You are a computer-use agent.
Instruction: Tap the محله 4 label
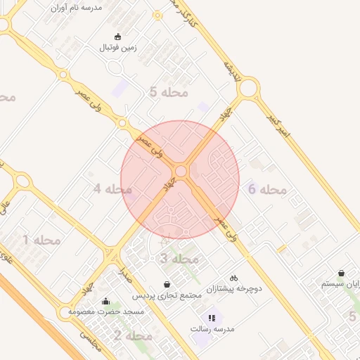(x=112, y=189)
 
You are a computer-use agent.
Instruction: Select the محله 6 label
(x=268, y=189)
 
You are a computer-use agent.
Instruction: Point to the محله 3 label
(x=179, y=259)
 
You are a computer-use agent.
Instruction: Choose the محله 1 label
(x=41, y=240)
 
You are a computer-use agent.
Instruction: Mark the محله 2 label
(x=134, y=336)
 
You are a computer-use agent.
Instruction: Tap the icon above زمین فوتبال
(x=117, y=37)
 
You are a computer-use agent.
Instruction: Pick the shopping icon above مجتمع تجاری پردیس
(x=166, y=284)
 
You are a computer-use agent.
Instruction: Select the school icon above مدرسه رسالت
(x=212, y=319)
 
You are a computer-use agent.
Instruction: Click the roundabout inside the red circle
(x=181, y=171)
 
